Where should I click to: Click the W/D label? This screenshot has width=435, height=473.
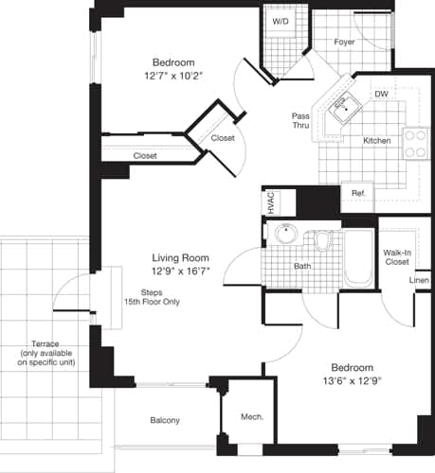281,21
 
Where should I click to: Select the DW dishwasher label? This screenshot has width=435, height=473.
381,94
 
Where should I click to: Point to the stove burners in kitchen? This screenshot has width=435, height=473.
415,143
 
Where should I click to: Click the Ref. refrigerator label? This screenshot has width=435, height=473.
358,194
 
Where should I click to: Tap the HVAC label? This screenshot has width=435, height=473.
271,202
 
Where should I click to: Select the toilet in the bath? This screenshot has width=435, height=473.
323,243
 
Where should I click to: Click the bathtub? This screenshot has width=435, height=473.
358,257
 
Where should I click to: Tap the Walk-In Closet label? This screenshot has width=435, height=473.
397,258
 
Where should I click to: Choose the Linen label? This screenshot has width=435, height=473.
418,281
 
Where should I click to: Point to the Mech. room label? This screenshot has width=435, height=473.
252,417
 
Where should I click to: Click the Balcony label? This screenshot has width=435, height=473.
165,420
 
